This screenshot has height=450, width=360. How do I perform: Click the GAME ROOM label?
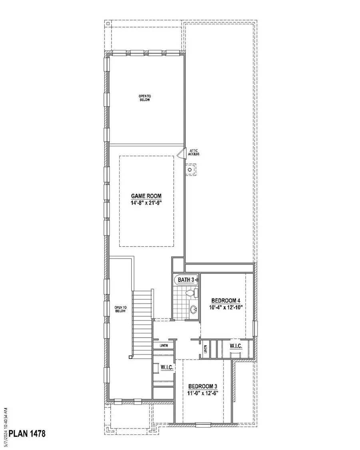(x=146, y=196)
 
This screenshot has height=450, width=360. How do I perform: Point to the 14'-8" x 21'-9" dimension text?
(x=146, y=203)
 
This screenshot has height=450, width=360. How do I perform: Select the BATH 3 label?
(x=186, y=280)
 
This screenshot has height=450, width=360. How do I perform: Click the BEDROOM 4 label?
(x=225, y=301)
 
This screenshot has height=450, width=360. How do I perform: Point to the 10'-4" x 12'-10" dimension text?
(x=225, y=307)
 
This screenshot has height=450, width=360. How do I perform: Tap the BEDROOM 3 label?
(x=203, y=386)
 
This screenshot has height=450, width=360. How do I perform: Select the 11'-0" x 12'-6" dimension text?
(x=203, y=393)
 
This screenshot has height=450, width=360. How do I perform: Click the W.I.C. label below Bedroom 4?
(x=236, y=346)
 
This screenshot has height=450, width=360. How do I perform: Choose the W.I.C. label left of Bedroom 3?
(x=167, y=367)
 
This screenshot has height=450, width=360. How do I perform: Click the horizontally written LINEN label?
(x=164, y=346)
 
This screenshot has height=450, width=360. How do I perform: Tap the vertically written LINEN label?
(x=206, y=349)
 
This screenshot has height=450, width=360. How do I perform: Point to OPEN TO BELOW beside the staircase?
(x=120, y=309)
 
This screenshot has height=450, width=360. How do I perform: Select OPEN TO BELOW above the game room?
(x=144, y=98)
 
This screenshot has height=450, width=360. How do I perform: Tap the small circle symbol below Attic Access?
(x=190, y=169)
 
